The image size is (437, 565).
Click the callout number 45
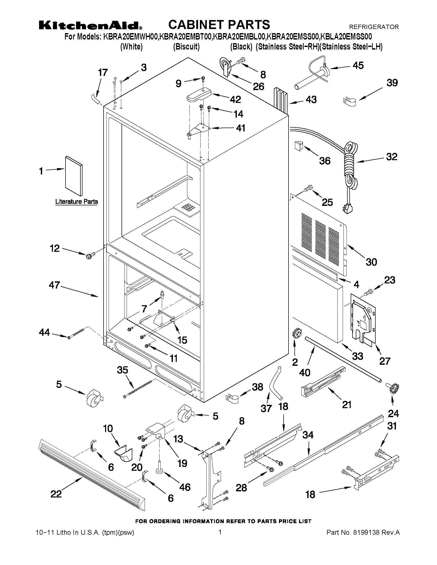[x=358, y=65]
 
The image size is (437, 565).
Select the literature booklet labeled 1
[x=74, y=176]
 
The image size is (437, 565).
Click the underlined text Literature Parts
[x=77, y=202]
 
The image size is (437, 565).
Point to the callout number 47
[x=54, y=285]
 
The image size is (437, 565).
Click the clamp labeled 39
[x=349, y=101]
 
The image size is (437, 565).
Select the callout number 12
[x=55, y=248]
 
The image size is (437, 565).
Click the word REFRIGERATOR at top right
[x=374, y=27]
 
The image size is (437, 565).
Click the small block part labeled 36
[x=299, y=146]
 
